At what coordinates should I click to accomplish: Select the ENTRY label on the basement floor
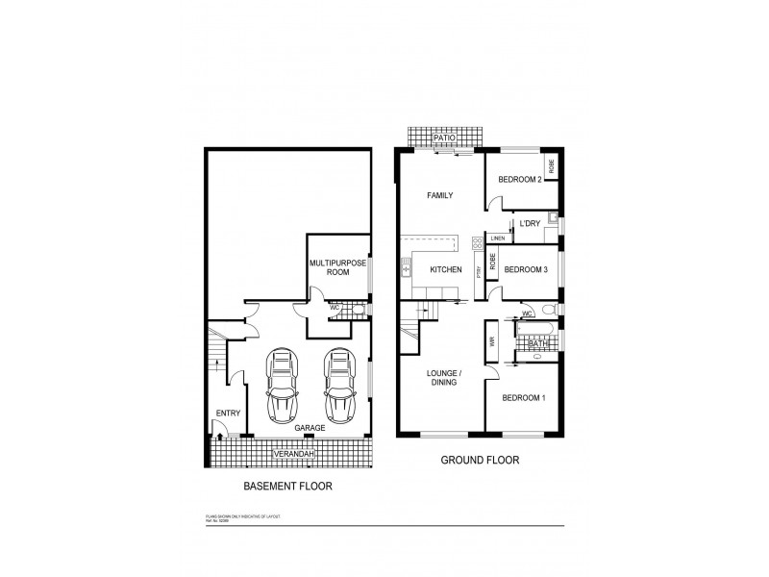[x=228, y=414]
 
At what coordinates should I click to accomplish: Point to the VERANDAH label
[x=292, y=453]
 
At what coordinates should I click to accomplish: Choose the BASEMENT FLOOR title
[x=287, y=487]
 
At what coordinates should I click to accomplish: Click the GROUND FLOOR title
[x=480, y=461]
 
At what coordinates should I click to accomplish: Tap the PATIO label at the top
[x=443, y=138]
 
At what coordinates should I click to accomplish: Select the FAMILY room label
[x=440, y=195]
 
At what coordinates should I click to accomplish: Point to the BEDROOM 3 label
[x=526, y=269]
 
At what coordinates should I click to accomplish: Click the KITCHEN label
[x=446, y=269]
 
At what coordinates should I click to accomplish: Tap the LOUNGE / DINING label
[x=441, y=375]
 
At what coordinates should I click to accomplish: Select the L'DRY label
[x=530, y=224]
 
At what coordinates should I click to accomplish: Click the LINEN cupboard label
[x=497, y=238]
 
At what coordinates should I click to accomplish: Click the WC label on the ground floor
[x=528, y=314]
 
